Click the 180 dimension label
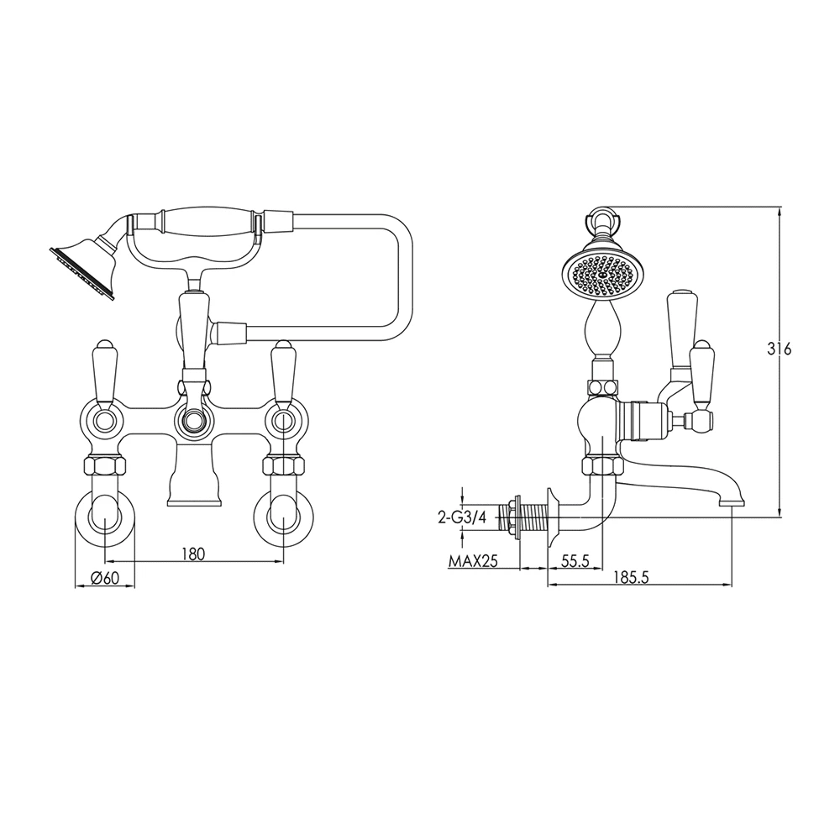193,554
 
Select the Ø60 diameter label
103,578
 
